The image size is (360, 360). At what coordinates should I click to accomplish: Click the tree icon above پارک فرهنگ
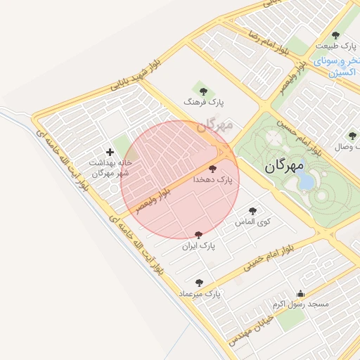(x=203, y=91)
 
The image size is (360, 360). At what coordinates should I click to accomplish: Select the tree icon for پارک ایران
(x=198, y=235)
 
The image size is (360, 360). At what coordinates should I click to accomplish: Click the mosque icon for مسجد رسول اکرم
(x=302, y=294)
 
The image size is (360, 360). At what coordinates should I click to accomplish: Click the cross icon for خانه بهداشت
(x=110, y=152)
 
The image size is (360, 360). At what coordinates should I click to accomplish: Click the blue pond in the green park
(x=307, y=182)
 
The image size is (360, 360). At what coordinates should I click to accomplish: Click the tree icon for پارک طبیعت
(x=335, y=35)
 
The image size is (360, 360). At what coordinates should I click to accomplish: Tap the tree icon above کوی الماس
(x=252, y=210)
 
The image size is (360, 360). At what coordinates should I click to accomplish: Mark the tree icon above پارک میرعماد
(x=199, y=283)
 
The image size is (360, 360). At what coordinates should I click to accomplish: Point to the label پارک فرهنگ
(x=204, y=102)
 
